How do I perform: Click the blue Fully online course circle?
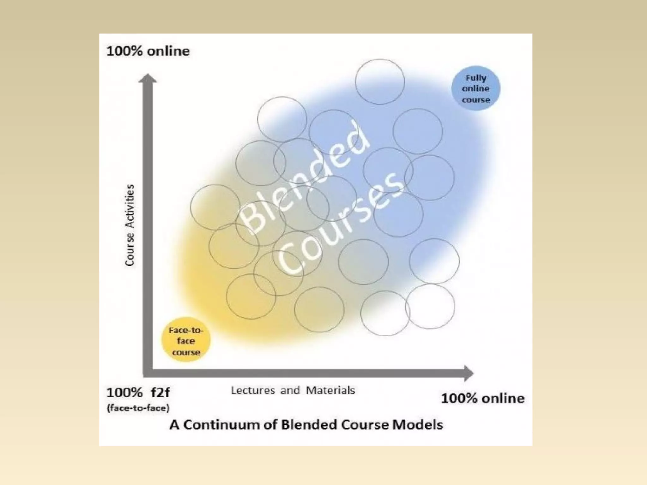click(475, 88)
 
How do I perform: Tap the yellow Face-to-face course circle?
click(186, 340)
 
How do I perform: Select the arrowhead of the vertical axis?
click(148, 78)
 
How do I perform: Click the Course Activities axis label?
click(130, 225)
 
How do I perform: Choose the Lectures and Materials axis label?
click(293, 390)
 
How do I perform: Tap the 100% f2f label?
click(138, 393)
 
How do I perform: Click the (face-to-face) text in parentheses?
click(138, 408)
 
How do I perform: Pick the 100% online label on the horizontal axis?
click(482, 398)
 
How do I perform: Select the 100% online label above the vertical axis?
click(148, 51)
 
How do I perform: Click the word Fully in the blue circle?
click(476, 78)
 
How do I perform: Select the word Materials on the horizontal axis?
click(330, 390)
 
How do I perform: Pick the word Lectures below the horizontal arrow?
click(253, 390)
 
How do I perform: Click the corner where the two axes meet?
click(148, 373)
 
